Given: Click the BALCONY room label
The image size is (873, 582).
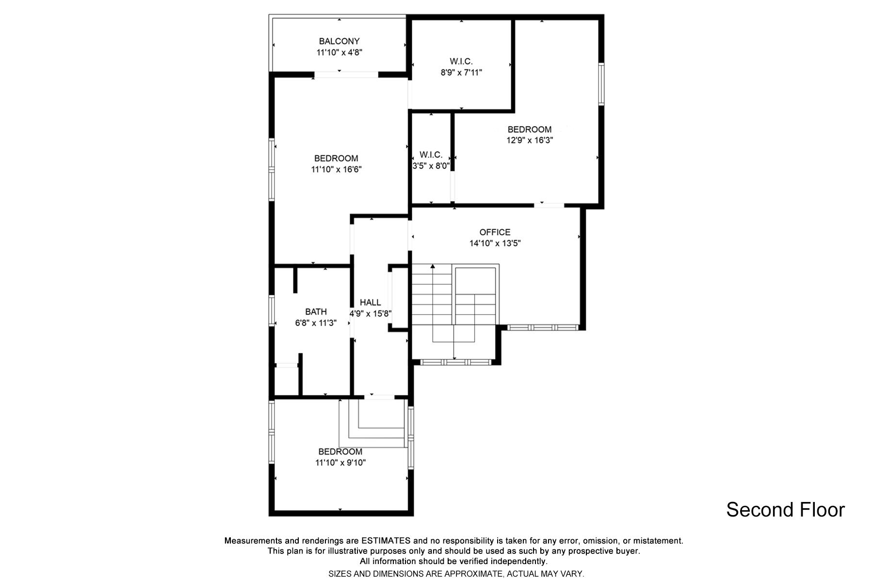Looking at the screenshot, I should tap(339, 41).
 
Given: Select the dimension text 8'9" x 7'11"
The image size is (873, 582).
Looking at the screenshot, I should tap(461, 73).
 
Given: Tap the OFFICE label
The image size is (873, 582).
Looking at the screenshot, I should tap(495, 232).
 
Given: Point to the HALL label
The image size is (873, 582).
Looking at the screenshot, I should tap(370, 303).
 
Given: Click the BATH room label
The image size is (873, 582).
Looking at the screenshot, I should tap(316, 312).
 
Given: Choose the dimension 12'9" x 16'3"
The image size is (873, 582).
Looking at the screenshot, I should tap(530, 140).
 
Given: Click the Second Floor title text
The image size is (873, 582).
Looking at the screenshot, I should tap(785, 510).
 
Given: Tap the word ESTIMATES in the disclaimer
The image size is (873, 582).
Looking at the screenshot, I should tap(386, 540).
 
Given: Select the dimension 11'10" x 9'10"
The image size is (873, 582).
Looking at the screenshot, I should tap(340, 463).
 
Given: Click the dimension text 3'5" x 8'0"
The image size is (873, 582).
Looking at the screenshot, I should tap(431, 166).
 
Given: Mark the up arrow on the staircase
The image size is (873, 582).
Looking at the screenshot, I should tap(433, 267).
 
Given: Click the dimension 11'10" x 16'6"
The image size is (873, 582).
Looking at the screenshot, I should tap(336, 169).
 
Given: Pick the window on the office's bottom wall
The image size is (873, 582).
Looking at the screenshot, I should tap(542, 327).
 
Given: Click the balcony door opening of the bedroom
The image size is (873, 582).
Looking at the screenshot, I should tap(346, 74).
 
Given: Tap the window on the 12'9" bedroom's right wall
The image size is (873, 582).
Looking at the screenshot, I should tap(601, 84).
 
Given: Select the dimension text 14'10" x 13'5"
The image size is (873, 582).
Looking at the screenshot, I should tap(495, 243).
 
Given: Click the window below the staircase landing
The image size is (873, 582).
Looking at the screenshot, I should tap(455, 362).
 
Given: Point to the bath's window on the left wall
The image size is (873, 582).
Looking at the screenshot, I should tap(272, 310).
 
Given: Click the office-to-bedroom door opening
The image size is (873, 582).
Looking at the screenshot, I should tap(549, 205).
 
